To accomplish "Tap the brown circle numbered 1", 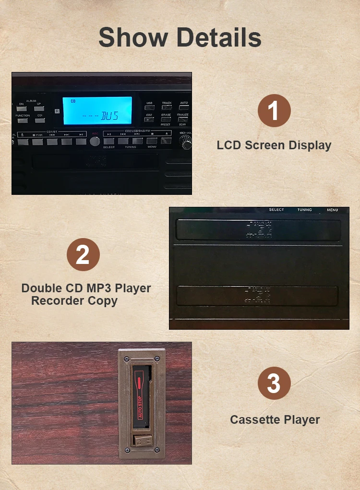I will click(x=274, y=111).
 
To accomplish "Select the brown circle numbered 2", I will click(x=83, y=254).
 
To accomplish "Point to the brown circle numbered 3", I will click(x=274, y=384).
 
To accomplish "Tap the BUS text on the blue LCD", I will click(x=109, y=116).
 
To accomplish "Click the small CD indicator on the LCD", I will click(x=73, y=101).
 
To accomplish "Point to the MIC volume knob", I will click(x=185, y=141).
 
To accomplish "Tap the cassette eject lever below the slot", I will click(x=142, y=441).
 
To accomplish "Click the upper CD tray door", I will click(x=258, y=230).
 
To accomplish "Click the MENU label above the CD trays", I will click(x=332, y=210).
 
